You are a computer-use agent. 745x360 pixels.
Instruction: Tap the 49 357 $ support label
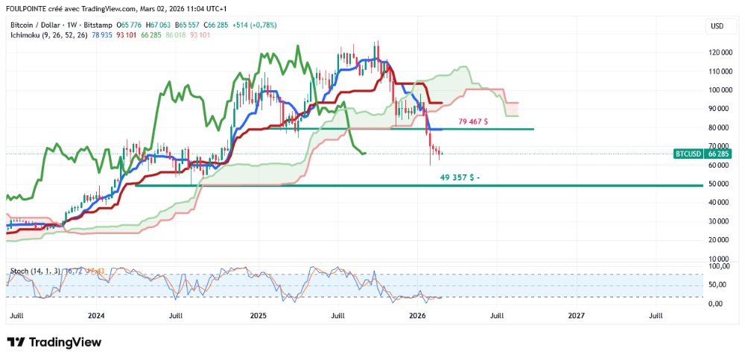[x=460, y=177]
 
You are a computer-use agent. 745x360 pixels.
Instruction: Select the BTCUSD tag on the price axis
[x=688, y=154]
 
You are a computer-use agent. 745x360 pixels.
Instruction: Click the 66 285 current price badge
[x=719, y=154]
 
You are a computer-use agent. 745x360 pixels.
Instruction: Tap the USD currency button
[x=717, y=26]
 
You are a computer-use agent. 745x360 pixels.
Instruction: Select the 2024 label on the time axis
[x=95, y=315]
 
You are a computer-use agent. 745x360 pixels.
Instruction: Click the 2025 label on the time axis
[x=258, y=315]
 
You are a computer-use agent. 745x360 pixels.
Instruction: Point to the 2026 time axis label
[x=417, y=315]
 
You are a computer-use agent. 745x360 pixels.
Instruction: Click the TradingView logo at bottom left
[x=54, y=342]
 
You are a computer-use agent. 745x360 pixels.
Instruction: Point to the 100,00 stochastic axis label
[x=718, y=265]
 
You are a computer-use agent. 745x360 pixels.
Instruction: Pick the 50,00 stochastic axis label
[x=719, y=285]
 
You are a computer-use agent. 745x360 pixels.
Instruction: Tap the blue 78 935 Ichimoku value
[x=103, y=34]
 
